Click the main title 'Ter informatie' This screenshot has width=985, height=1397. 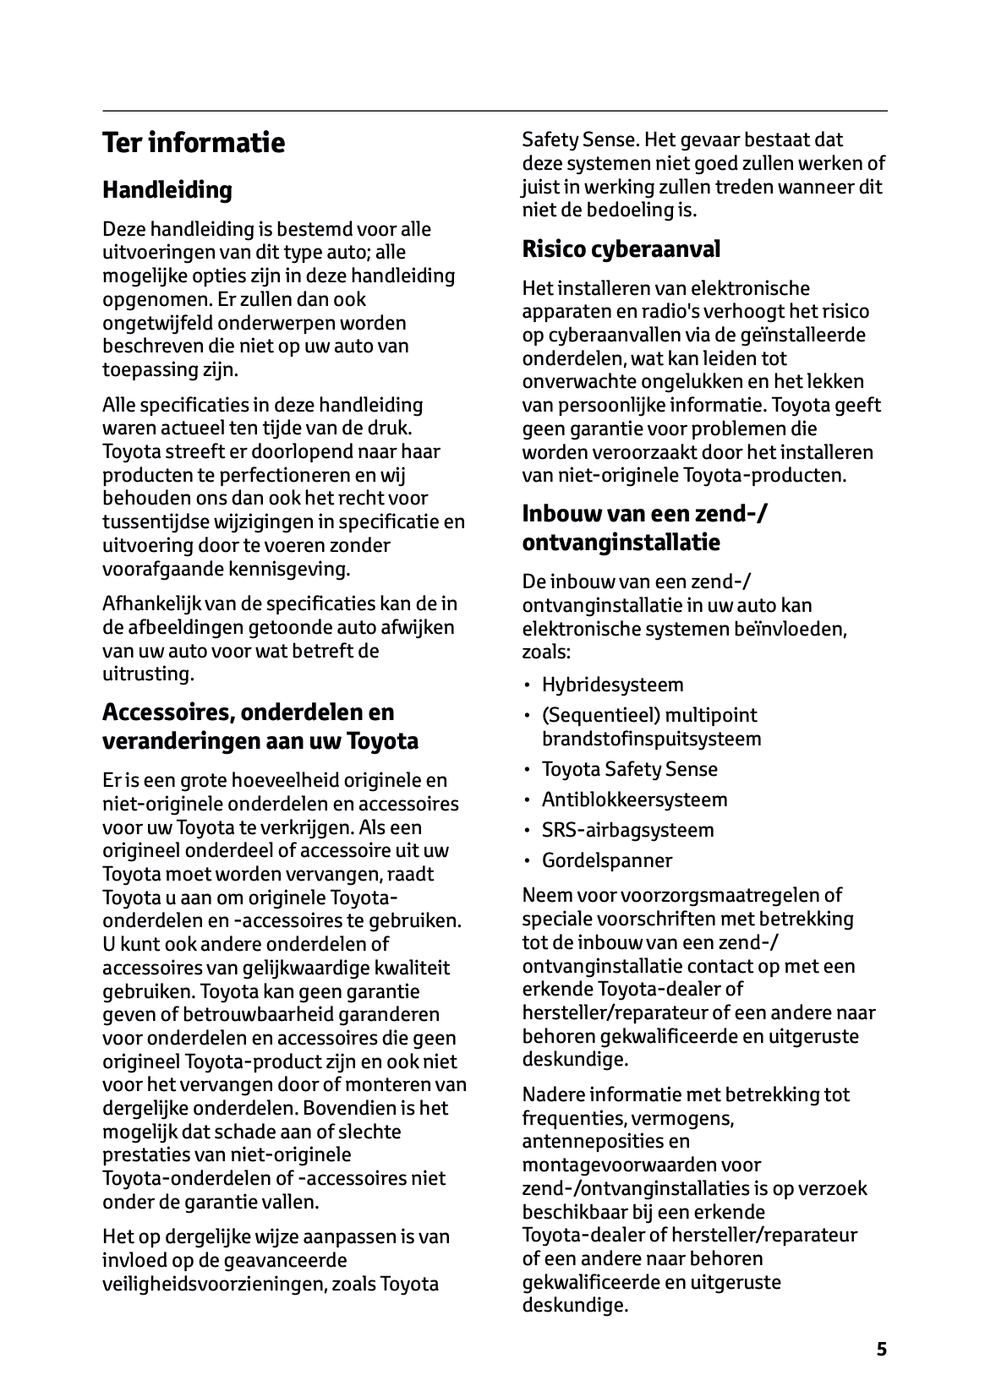point(194,143)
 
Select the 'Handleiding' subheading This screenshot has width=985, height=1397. point(167,190)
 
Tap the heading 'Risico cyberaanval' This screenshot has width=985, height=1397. point(621,249)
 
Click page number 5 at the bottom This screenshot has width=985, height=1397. point(882,1350)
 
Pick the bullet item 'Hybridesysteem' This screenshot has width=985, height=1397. point(612,685)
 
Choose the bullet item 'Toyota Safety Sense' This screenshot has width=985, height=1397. point(629,769)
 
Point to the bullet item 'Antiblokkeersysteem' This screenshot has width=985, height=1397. point(634,799)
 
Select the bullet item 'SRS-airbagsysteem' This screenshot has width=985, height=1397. point(627,830)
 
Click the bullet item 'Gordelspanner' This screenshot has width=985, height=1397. point(607,860)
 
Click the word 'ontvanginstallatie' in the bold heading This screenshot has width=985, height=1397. point(621,543)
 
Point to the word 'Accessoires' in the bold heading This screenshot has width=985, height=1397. point(167,712)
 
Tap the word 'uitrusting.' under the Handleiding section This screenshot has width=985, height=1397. point(149,674)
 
